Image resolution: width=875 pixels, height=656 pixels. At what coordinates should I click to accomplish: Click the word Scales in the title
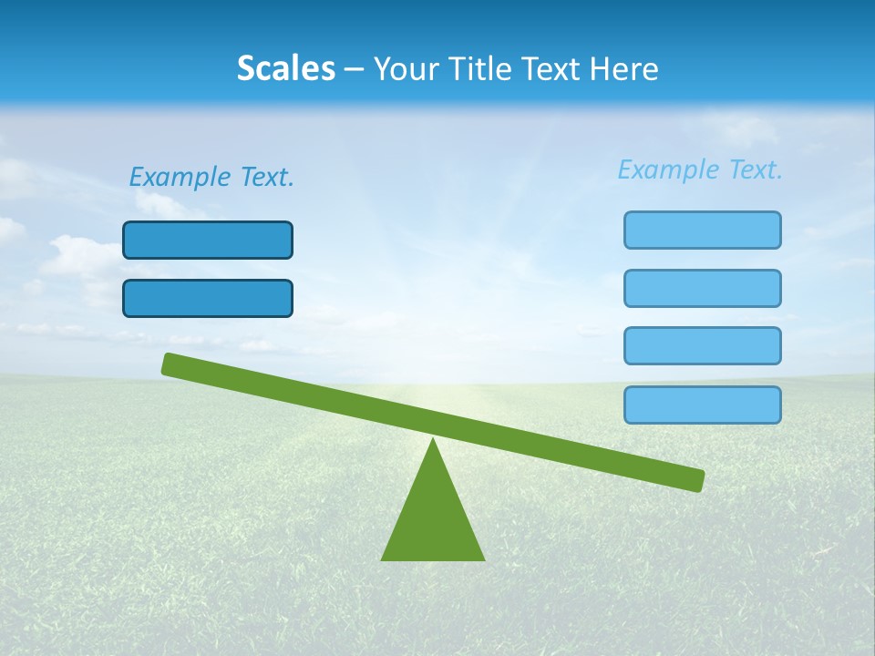point(285,68)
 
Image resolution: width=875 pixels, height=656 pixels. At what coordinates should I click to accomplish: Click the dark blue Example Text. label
point(211,177)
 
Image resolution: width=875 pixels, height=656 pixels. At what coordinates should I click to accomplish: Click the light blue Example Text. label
point(700,169)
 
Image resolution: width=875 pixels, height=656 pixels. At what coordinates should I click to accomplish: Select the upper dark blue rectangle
point(208,240)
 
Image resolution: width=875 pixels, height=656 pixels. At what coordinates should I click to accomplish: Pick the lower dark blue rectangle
point(208,298)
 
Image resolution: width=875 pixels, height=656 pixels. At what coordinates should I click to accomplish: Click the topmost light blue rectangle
point(702,230)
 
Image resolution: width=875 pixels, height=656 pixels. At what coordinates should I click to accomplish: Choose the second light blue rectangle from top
point(702,288)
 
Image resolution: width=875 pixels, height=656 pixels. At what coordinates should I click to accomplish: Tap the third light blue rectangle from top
point(702,345)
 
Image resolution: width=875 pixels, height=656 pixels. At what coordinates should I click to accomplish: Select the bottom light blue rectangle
point(702,405)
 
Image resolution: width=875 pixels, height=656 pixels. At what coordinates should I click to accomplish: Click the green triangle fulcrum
point(433,519)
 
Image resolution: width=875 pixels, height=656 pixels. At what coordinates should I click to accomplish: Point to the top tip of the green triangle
point(433,441)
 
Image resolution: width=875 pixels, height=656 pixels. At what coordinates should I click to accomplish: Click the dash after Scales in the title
point(354,69)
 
